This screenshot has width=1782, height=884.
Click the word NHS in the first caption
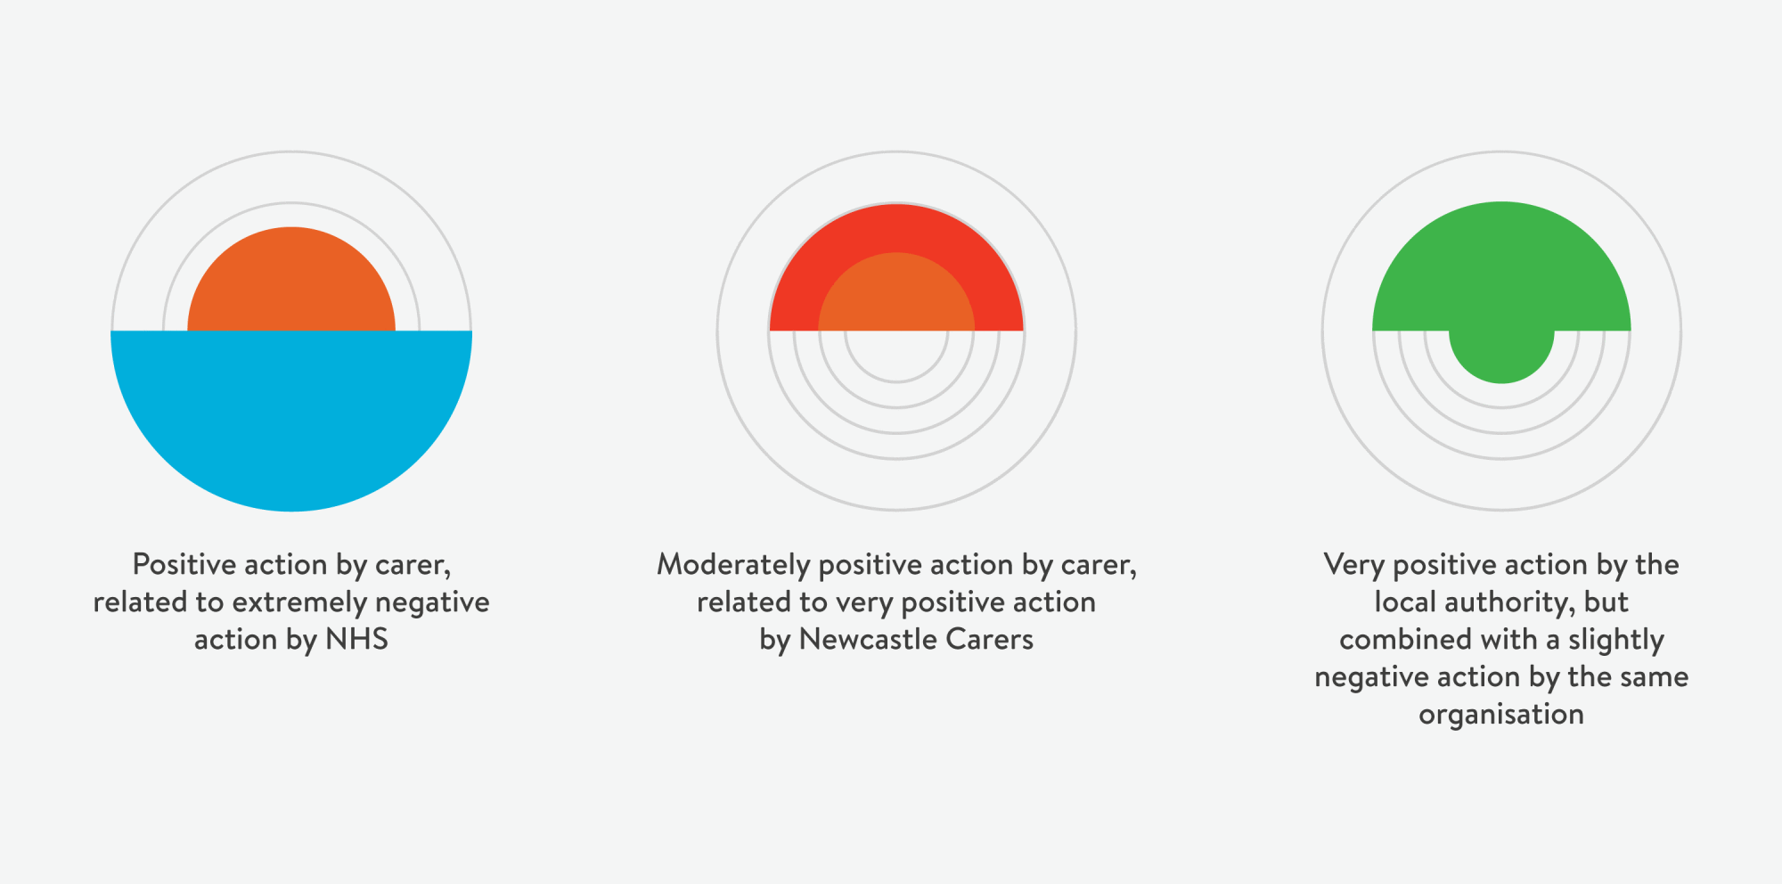click(x=356, y=640)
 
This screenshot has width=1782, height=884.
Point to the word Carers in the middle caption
click(x=989, y=640)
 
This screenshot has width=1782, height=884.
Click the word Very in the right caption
click(x=1353, y=565)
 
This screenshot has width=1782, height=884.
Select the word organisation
click(x=1501, y=715)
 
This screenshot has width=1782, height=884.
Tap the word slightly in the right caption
click(x=1615, y=640)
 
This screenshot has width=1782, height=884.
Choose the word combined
click(x=1393, y=640)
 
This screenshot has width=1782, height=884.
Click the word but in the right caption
click(x=1606, y=602)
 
